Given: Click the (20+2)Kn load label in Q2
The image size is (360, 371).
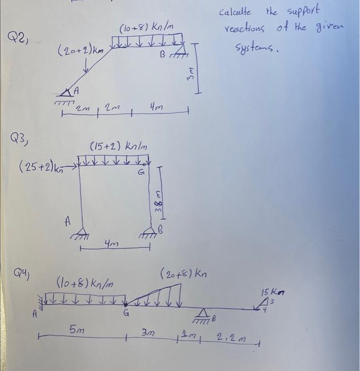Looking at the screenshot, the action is (x=82, y=51).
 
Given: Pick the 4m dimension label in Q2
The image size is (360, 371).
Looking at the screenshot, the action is (x=157, y=109).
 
